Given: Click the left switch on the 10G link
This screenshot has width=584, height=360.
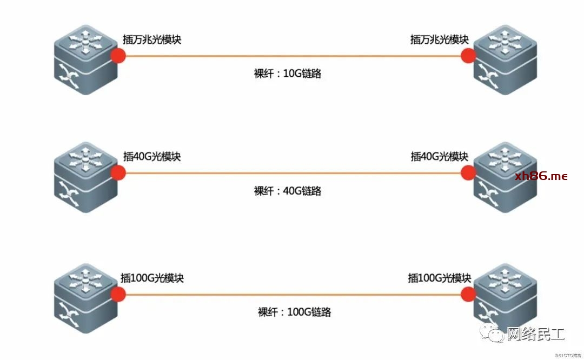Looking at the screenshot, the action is click(x=86, y=59).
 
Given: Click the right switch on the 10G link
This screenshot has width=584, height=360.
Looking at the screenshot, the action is click(x=506, y=59).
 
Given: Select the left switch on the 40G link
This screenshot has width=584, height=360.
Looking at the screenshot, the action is click(x=86, y=177).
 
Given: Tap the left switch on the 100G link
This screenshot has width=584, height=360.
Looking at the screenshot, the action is click(x=86, y=298).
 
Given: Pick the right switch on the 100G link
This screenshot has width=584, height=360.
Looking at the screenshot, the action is click(x=506, y=298).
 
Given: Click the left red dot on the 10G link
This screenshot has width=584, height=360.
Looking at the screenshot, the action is click(x=118, y=56).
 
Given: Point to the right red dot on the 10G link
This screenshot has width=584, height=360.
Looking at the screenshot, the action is click(x=468, y=56).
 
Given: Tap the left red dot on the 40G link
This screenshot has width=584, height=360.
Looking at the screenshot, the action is click(x=118, y=173).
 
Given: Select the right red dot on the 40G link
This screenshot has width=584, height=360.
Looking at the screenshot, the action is click(x=468, y=173).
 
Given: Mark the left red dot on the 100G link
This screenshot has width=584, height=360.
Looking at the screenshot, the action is click(x=118, y=294).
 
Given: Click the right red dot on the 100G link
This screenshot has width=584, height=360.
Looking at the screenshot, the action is click(x=468, y=294).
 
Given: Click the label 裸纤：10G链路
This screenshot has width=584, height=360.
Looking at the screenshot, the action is click(x=288, y=74).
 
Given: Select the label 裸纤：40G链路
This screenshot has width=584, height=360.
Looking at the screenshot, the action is click(x=288, y=191).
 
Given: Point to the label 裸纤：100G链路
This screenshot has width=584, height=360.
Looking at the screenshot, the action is click(x=294, y=312).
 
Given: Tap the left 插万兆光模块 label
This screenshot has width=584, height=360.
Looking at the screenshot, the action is click(x=152, y=39).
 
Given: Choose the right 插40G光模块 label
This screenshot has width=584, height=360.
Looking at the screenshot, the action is click(x=440, y=156).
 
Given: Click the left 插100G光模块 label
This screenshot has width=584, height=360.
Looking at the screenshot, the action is click(x=152, y=278).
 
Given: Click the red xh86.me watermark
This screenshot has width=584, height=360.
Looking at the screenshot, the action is click(x=541, y=176).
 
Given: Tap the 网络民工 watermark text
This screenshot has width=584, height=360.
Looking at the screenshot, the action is click(x=536, y=334).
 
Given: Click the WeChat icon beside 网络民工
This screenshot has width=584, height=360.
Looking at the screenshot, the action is click(x=492, y=333).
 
